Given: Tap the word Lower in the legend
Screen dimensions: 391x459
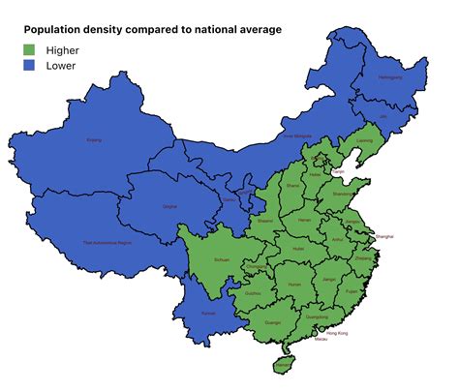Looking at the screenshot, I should click(61, 66).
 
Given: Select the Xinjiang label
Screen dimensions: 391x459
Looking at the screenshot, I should click(94, 140).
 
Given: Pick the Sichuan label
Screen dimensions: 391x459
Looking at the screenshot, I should click(222, 260).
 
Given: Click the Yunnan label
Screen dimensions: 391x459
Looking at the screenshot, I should click(208, 314).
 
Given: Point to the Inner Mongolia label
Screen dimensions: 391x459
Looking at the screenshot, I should click(294, 136).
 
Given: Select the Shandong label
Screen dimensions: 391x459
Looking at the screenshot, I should click(343, 194).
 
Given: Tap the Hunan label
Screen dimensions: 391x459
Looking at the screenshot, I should click(295, 285).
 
